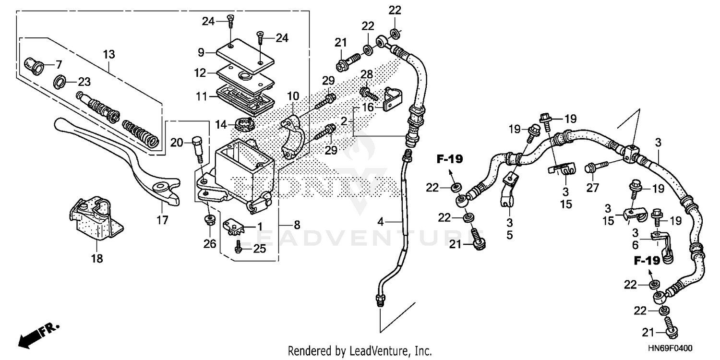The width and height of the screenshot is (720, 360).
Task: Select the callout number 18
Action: tap(97, 259)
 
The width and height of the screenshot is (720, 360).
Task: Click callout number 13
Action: tap(109, 54)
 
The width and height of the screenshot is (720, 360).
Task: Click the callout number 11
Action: tap(200, 96)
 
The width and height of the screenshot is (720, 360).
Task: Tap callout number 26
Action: tap(210, 244)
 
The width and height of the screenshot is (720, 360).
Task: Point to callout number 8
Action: tap(297, 224)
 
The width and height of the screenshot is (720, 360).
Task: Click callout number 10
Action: tap(293, 96)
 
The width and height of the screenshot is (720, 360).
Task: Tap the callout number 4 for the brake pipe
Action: tap(380, 222)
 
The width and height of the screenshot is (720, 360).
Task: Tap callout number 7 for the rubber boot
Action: tap(59, 64)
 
